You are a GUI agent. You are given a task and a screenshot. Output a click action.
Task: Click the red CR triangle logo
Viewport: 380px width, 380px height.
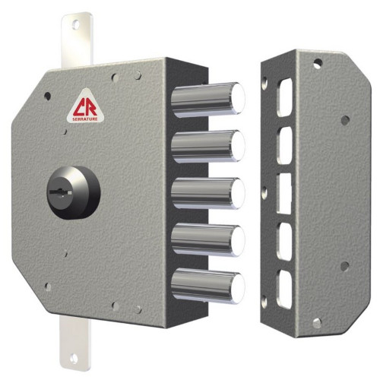[85, 106]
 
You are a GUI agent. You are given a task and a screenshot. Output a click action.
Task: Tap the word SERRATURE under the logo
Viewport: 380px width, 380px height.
[85, 119]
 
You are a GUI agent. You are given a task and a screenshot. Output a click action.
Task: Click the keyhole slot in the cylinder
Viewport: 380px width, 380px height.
[61, 192]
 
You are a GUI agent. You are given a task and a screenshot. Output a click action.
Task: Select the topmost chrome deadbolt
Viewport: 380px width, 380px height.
[208, 100]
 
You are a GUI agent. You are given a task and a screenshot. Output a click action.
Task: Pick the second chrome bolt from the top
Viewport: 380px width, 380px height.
[208, 146]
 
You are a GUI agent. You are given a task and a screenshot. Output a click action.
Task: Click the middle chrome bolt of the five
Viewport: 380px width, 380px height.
[208, 194]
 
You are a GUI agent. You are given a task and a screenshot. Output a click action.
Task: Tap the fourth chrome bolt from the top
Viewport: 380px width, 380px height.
[208, 239]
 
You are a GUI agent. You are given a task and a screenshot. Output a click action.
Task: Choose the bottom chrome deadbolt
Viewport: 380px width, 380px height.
[208, 286]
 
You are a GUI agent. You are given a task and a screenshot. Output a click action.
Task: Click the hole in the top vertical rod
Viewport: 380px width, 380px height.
[75, 25]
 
